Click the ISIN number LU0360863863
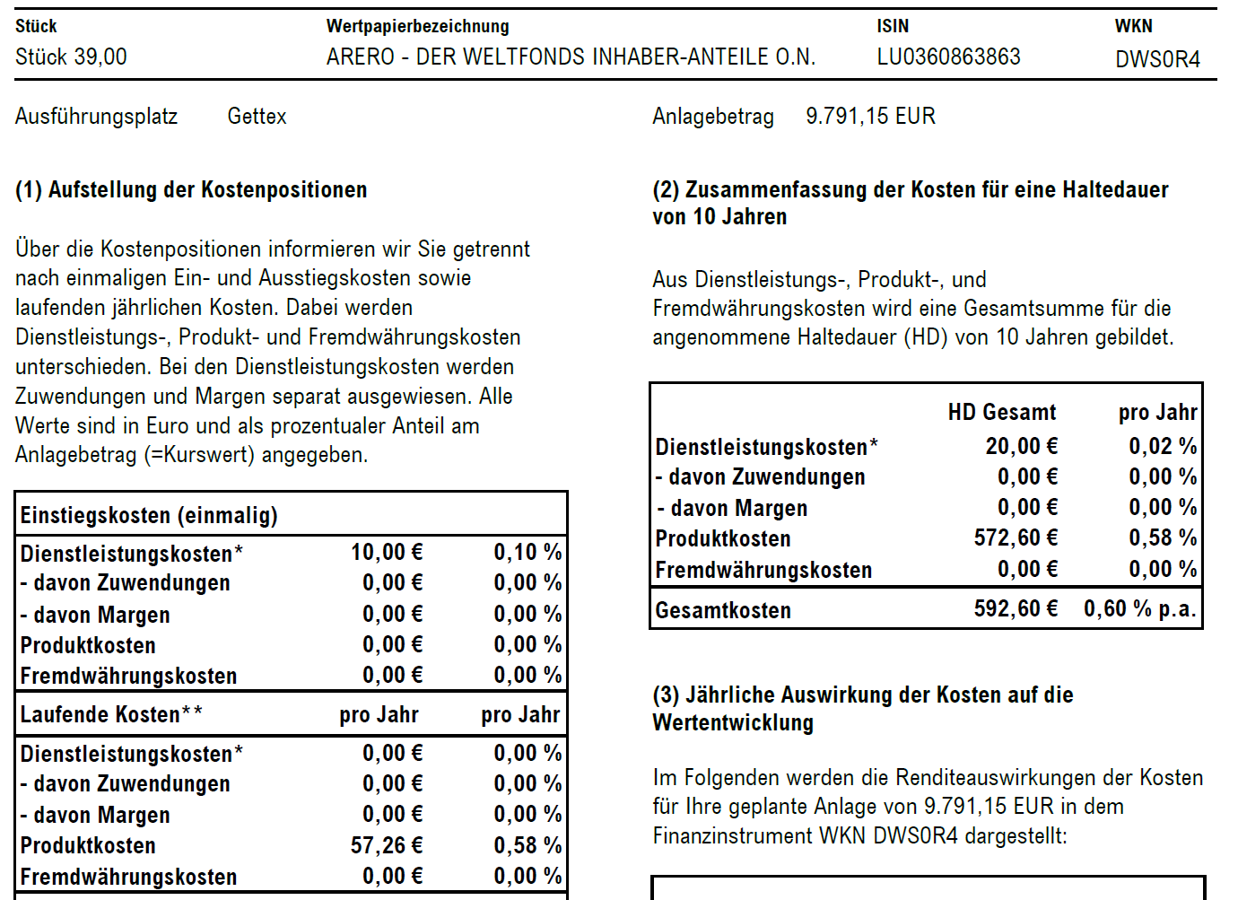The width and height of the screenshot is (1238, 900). [948, 57]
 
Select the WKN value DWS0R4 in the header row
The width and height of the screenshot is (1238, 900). [1157, 59]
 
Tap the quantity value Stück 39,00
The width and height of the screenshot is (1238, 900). [71, 57]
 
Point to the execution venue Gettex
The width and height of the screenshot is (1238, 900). [257, 117]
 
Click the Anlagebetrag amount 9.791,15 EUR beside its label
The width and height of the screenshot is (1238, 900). [870, 117]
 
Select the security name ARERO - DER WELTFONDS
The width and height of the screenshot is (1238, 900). [571, 57]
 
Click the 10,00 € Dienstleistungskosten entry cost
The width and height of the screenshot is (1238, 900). [387, 552]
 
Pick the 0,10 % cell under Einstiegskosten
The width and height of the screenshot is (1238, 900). [527, 552]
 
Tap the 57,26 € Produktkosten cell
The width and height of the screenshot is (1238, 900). [387, 845]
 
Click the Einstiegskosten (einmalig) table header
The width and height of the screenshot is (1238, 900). [149, 516]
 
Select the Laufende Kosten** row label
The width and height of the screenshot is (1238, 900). [111, 715]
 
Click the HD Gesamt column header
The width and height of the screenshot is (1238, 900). [1001, 413]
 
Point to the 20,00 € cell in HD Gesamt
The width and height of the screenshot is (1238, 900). [1021, 446]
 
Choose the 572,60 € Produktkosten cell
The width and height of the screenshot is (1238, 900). [1016, 538]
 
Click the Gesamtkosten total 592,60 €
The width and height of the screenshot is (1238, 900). [1016, 609]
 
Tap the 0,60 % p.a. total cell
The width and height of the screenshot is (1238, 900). [1139, 609]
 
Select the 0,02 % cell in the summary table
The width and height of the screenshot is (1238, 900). [1163, 446]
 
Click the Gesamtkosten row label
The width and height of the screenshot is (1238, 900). [723, 611]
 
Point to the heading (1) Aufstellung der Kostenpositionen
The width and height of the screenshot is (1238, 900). [191, 190]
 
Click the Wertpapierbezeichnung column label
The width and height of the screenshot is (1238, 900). [417, 27]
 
